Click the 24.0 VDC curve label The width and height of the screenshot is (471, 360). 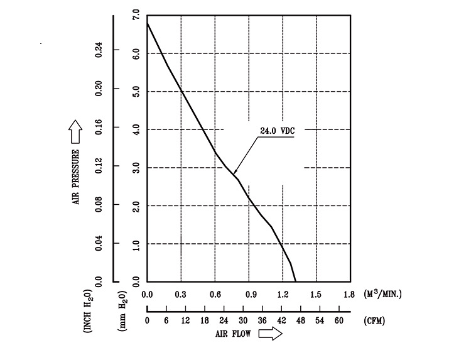coord(277,131)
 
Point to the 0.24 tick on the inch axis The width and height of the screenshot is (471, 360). coord(99,50)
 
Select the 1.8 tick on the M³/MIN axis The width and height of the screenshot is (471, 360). coord(349,294)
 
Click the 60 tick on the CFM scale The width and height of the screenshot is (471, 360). coord(339,320)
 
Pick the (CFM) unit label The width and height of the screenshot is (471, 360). coord(374,320)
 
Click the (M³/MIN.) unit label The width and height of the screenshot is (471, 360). coord(382,293)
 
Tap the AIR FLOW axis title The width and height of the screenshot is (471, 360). coord(233,334)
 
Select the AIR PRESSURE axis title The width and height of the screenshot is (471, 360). coord(76,177)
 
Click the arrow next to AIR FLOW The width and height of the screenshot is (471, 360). coord(270,334)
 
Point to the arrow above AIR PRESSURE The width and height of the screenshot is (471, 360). coord(75,131)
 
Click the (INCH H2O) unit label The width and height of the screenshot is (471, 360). coord(87,311)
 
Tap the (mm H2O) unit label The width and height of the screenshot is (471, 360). coord(122,312)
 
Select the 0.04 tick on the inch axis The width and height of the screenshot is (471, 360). coord(99,243)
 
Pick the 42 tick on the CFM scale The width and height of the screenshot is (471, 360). coord(281,320)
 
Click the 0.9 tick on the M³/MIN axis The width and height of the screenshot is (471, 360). coord(251,294)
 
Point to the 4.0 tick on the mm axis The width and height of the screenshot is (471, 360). coord(136,129)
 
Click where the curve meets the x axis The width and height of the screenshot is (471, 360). coord(296,281)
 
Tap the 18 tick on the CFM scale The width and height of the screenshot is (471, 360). coord(205,320)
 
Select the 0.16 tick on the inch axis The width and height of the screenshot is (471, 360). coord(99,128)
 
